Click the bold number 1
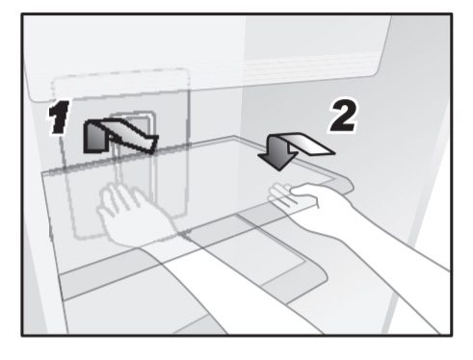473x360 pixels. pyautogui.click(x=59, y=117)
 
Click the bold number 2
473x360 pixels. pyautogui.click(x=344, y=116)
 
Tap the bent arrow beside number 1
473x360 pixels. pyautogui.click(x=119, y=136)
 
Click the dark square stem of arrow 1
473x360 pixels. pyautogui.click(x=93, y=138)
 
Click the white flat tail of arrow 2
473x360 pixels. pyautogui.click(x=311, y=143)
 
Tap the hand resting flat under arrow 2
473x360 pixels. pyautogui.click(x=296, y=196)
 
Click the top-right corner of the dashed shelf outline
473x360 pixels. pyautogui.click(x=186, y=70)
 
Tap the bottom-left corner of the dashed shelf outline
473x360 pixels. pyautogui.click(x=76, y=236)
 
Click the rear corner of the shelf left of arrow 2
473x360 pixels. pyautogui.click(x=234, y=138)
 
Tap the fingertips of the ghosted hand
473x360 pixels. pyautogui.click(x=118, y=190)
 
